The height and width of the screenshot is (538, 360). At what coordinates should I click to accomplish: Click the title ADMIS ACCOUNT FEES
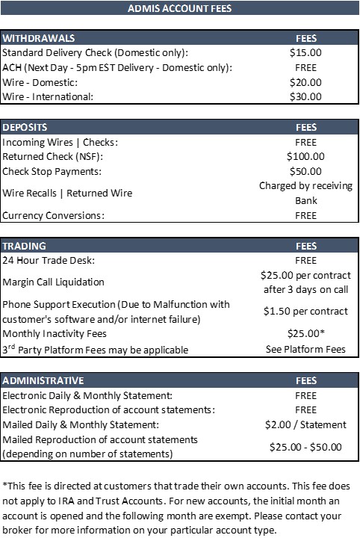click(179, 9)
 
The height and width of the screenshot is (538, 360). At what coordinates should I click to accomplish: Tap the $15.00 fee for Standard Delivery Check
click(305, 53)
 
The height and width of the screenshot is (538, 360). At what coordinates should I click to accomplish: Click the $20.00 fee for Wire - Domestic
click(305, 82)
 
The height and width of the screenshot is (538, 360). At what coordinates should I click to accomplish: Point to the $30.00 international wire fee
click(305, 96)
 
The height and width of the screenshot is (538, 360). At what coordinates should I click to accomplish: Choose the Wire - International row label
click(49, 96)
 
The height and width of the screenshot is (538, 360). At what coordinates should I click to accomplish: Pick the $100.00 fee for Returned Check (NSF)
click(305, 156)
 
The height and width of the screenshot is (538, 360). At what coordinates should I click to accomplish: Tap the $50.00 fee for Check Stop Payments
click(305, 171)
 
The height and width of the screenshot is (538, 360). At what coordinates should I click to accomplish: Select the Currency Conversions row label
click(64, 215)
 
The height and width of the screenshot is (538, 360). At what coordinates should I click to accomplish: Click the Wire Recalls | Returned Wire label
click(67, 193)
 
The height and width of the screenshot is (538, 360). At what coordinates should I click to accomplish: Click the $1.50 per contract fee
click(305, 311)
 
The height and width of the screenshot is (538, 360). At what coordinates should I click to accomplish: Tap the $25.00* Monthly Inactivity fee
click(305, 333)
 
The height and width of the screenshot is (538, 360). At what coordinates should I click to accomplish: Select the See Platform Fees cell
click(305, 349)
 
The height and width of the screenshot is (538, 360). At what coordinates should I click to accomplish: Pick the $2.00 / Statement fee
click(305, 424)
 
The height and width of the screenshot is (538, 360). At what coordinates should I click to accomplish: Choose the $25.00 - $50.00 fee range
click(305, 447)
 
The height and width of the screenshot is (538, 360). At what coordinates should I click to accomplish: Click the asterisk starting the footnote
click(4, 483)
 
